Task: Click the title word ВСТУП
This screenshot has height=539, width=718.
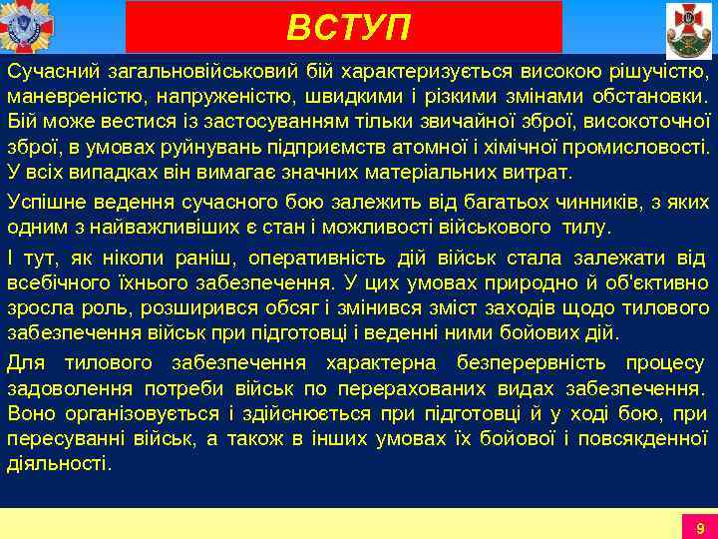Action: [348, 28]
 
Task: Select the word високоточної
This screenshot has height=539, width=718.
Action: [649, 123]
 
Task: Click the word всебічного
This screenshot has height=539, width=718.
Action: [57, 281]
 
